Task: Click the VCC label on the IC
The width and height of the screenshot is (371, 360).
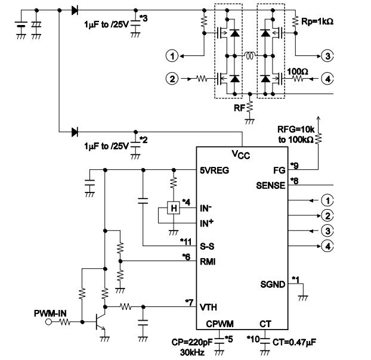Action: pyautogui.click(x=242, y=155)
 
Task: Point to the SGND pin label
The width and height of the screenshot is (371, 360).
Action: pyautogui.click(x=273, y=284)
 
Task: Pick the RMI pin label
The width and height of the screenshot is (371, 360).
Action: pyautogui.click(x=208, y=261)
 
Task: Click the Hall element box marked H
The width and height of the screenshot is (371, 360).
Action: pyautogui.click(x=174, y=208)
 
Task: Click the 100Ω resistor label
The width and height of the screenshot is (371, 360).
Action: pyautogui.click(x=298, y=70)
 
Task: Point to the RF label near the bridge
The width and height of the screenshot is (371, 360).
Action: pyautogui.click(x=239, y=108)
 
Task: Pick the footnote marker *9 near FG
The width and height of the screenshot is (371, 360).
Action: pyautogui.click(x=293, y=165)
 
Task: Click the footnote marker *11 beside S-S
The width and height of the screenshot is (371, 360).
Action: pyautogui.click(x=187, y=241)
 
